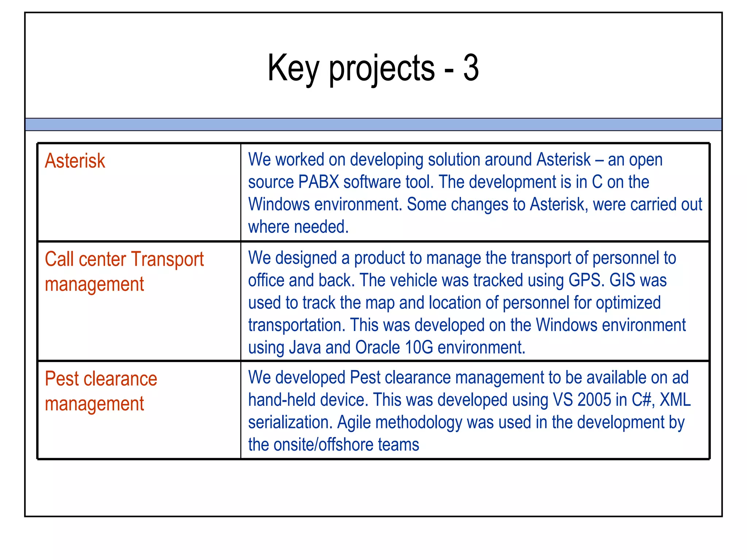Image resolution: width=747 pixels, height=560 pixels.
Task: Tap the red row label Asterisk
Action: (75, 161)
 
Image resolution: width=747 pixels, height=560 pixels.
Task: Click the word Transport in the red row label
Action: (167, 260)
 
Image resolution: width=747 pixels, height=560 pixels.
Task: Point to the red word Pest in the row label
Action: (62, 379)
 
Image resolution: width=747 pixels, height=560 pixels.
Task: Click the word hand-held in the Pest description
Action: (282, 400)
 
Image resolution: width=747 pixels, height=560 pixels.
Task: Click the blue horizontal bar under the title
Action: (373, 124)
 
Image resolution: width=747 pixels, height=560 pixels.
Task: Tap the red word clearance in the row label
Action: (120, 379)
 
